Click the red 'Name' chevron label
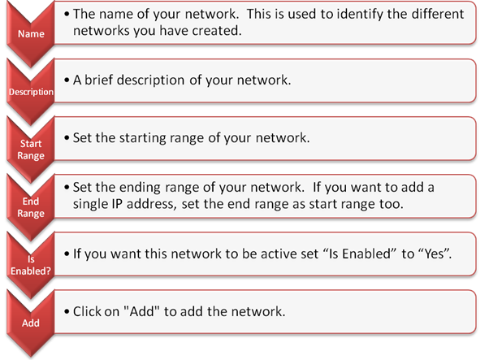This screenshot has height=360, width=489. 31,33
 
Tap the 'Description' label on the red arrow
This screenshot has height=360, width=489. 31,92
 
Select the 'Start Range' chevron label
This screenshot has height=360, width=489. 31,150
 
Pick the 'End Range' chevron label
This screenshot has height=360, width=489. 31,207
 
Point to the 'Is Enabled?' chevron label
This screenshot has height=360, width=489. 31,265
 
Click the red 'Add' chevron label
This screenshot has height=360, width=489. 31,323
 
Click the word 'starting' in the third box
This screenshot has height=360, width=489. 142,138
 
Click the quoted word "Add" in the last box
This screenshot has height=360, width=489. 141,311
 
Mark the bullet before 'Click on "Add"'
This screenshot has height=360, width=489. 67,311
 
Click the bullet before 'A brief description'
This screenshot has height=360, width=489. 67,80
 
